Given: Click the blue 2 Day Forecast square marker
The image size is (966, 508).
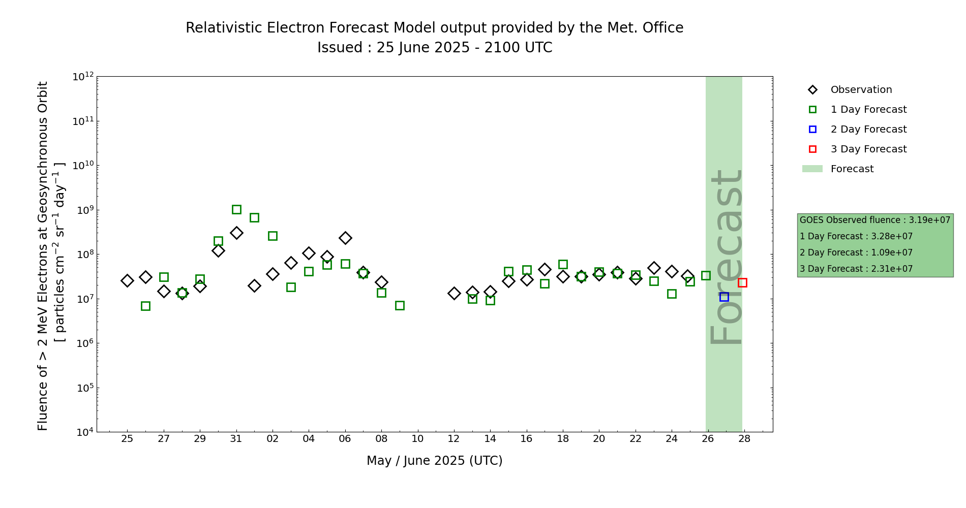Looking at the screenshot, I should pyautogui.click(x=724, y=297).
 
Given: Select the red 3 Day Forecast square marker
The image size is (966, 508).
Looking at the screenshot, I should pyautogui.click(x=742, y=282).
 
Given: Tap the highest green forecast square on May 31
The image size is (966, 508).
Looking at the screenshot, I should pyautogui.click(x=236, y=209).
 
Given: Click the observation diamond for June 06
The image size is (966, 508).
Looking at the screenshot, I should pyautogui.click(x=345, y=238).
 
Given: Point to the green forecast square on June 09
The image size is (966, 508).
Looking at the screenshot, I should pyautogui.click(x=400, y=305).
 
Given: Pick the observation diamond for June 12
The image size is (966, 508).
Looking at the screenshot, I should pyautogui.click(x=454, y=293).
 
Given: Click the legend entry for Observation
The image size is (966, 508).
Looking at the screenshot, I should pyautogui.click(x=861, y=90).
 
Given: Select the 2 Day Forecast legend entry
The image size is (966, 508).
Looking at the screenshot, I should pyautogui.click(x=868, y=130).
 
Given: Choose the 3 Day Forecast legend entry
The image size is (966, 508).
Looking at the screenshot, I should pyautogui.click(x=868, y=149).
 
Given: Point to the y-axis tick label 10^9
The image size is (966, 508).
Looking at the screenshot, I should pyautogui.click(x=83, y=210).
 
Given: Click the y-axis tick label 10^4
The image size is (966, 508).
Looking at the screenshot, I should pyautogui.click(x=83, y=432).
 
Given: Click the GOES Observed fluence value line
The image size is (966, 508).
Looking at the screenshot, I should pyautogui.click(x=874, y=220).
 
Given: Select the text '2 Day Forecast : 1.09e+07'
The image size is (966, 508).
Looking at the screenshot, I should pyautogui.click(x=856, y=252).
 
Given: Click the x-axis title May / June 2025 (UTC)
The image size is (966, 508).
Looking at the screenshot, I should pyautogui.click(x=434, y=461).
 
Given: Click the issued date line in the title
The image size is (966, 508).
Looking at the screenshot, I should pyautogui.click(x=434, y=48).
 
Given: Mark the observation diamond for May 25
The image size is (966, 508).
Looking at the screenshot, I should pyautogui.click(x=127, y=280).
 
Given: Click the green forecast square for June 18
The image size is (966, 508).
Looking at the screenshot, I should pyautogui.click(x=563, y=264).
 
